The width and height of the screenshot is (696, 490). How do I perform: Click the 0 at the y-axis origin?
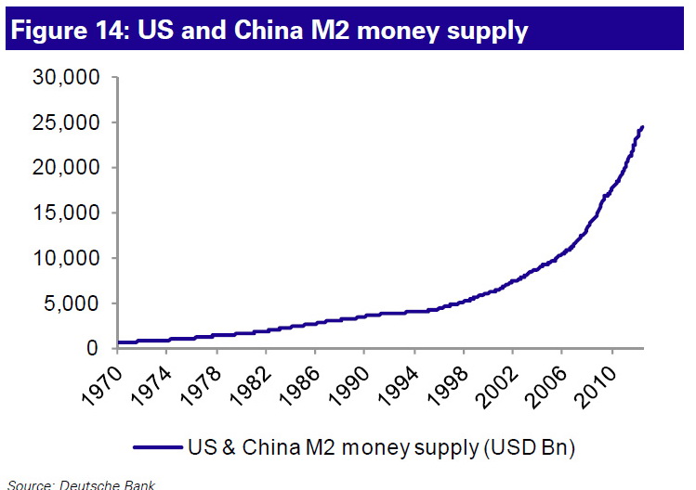coord(93,348)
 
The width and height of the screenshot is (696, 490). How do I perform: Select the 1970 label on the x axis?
coord(103,382)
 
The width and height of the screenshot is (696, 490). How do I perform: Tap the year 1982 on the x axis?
coord(252,382)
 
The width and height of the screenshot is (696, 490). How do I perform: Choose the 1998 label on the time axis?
coord(450,382)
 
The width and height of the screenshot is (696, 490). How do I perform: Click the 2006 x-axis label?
coord(549,382)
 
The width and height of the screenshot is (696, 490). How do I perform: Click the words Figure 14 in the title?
coord(67,31)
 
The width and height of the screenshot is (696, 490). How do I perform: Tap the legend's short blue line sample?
coord(159,447)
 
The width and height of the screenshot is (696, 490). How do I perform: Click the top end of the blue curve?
coord(642,127)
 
